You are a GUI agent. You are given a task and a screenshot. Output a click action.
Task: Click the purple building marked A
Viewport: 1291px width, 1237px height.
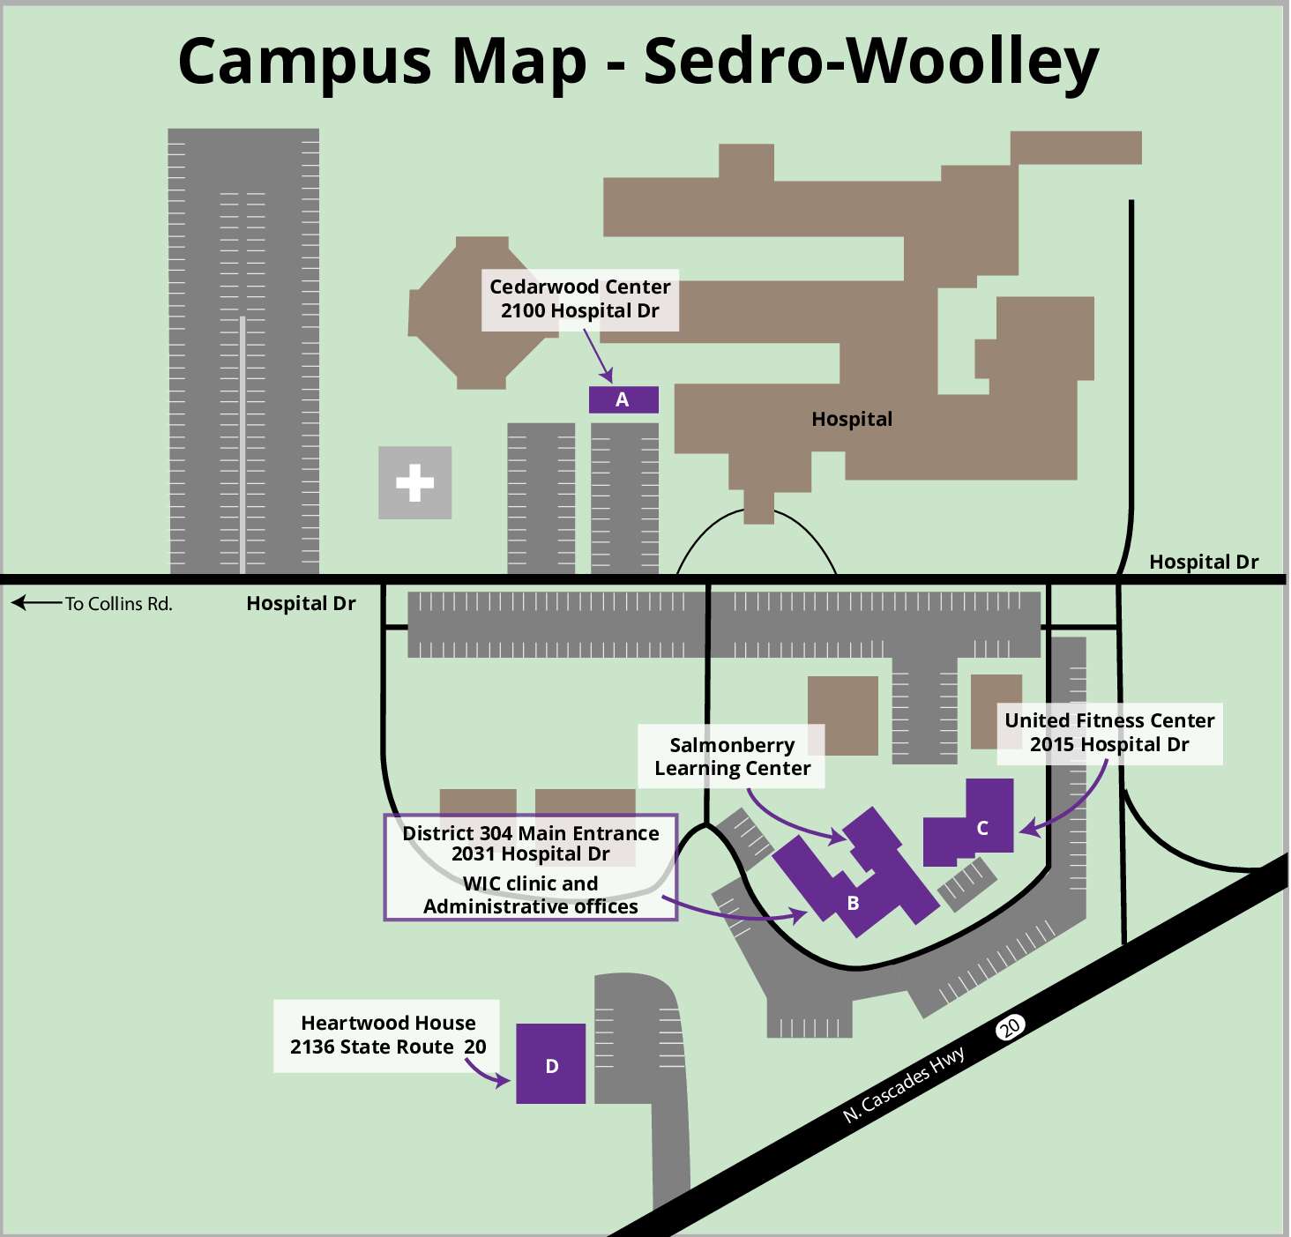(623, 399)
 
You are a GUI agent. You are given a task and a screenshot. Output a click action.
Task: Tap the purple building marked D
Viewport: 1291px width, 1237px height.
(550, 1063)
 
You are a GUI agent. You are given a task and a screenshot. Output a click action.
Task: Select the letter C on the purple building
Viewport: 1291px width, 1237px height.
(982, 829)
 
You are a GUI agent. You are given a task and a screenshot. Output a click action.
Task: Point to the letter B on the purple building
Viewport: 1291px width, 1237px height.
(853, 903)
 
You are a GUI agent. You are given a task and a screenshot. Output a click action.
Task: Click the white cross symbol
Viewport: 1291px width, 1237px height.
(415, 482)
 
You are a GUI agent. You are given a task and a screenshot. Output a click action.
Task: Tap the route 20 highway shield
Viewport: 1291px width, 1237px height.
(1010, 1026)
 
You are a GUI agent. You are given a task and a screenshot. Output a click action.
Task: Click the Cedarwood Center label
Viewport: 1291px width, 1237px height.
(579, 287)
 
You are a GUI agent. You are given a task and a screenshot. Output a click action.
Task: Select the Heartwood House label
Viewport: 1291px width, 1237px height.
(388, 1023)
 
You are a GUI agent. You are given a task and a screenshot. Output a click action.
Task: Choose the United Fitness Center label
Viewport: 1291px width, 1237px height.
(1109, 720)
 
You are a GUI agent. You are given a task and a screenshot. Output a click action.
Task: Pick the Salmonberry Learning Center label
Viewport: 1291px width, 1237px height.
(732, 756)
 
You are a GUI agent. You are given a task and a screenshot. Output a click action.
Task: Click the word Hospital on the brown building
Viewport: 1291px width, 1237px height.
(852, 420)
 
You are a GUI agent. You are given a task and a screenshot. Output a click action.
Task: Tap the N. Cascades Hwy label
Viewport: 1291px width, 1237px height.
(904, 1084)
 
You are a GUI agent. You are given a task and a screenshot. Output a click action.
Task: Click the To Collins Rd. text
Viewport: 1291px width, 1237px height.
(119, 604)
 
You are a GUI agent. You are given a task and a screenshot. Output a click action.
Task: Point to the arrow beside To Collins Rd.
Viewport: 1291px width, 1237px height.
(35, 603)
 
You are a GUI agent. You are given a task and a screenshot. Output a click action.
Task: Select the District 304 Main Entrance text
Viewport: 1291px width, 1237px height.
(530, 833)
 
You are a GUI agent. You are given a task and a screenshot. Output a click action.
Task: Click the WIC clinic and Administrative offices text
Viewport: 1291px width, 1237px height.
(530, 895)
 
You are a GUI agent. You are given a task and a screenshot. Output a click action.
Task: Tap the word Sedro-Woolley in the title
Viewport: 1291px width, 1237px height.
(871, 62)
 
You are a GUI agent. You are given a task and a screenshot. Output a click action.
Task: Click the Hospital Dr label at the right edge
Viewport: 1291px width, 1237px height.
(1204, 562)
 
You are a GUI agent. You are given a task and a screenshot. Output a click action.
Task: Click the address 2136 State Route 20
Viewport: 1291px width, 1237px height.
(388, 1047)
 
